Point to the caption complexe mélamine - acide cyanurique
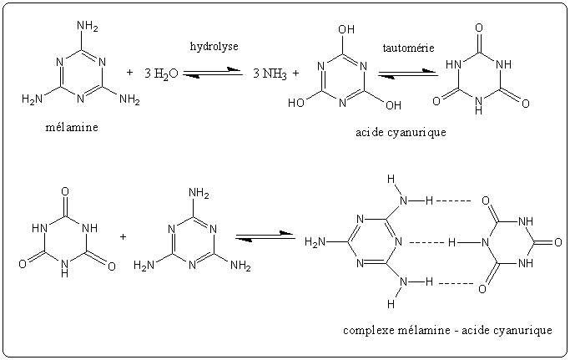click(x=447, y=330)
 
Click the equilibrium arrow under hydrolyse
click(x=213, y=74)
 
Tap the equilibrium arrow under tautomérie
click(x=408, y=74)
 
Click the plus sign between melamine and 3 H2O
click(x=129, y=73)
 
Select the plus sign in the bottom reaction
click(x=123, y=236)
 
